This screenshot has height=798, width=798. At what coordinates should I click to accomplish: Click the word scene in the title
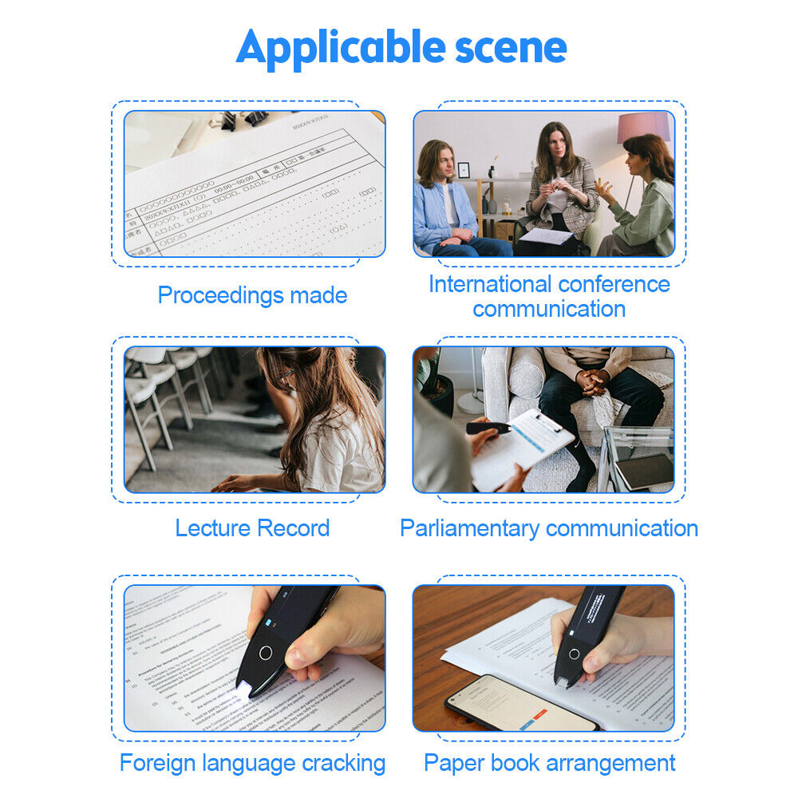click(511, 48)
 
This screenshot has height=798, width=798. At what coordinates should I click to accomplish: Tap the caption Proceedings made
click(252, 295)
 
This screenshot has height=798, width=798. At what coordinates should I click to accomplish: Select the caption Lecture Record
click(252, 528)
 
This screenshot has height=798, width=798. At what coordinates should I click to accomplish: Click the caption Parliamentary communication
click(549, 528)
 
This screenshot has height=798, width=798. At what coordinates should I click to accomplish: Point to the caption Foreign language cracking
click(252, 763)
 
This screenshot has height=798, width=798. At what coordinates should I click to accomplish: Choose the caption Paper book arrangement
click(549, 763)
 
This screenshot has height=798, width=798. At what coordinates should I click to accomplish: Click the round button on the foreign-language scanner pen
click(265, 652)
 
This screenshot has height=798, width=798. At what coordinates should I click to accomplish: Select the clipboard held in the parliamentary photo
click(523, 447)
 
